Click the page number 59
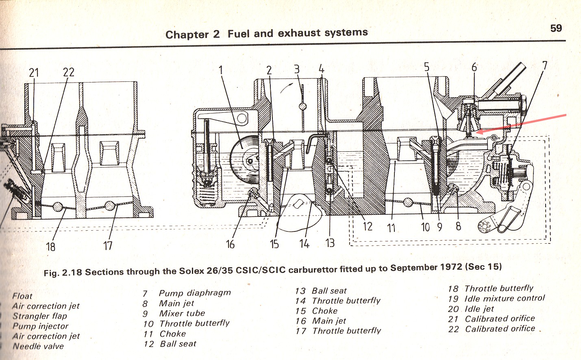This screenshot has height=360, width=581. click(x=556, y=28)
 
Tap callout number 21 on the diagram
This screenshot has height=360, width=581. click(x=34, y=73)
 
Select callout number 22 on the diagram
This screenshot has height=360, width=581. click(x=68, y=72)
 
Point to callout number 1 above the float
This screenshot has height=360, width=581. click(x=221, y=70)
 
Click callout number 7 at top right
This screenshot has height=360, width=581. click(x=545, y=65)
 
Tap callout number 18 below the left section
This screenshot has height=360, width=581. click(x=50, y=247)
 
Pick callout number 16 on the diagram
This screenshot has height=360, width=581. click(x=230, y=244)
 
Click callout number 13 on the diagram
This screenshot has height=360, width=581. click(x=330, y=243)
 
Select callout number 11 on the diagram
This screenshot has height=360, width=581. click(x=391, y=227)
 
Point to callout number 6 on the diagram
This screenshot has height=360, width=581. click(x=474, y=67)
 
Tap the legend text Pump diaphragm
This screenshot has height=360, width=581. click(x=195, y=293)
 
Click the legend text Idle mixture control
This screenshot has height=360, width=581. click(x=505, y=298)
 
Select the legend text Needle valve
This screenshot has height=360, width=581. click(x=38, y=346)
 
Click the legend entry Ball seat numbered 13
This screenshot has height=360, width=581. click(x=329, y=291)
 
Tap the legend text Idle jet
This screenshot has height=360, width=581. click(x=479, y=309)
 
